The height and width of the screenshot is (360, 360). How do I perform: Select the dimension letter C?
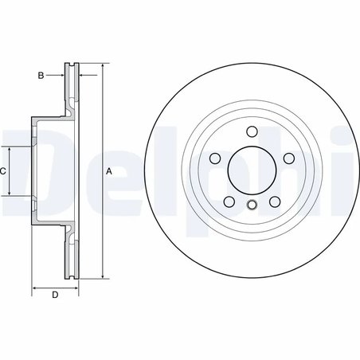(x=4, y=170)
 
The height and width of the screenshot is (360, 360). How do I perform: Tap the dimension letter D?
(x=54, y=296)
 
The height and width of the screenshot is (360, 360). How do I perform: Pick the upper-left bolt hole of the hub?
(x=214, y=158)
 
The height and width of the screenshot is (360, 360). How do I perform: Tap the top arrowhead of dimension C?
(x=10, y=149)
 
